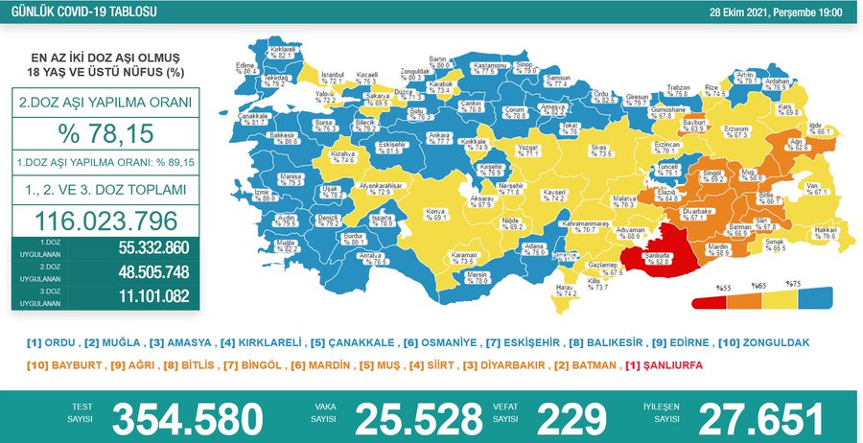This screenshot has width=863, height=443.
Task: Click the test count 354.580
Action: tap(188, 419)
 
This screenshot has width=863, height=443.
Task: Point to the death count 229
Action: tap(571, 419)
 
